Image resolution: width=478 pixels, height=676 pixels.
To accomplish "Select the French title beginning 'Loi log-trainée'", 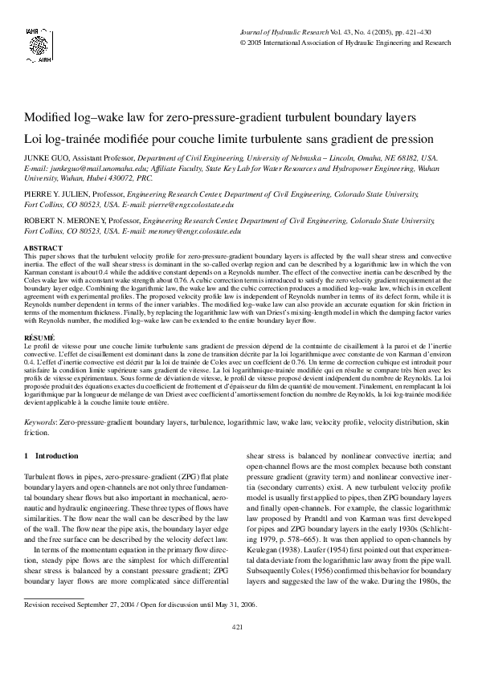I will pos(229,138).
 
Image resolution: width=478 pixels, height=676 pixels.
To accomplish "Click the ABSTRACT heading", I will pos(43,248).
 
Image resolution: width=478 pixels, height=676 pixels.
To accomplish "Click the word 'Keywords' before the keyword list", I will pos(39,421).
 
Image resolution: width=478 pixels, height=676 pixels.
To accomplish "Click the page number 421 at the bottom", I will pos(238,649).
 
